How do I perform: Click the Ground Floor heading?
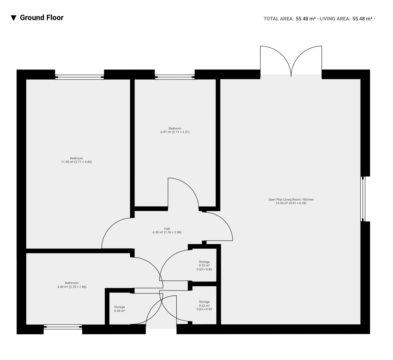coord(42,18)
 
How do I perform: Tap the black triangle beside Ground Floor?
coord(14,18)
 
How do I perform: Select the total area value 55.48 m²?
coord(306,19)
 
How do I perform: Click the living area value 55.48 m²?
coord(362,19)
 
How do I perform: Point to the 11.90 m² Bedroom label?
coord(77,160)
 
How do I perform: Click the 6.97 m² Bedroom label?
coord(175,130)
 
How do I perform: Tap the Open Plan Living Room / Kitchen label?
coord(291,201)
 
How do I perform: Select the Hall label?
coord(167,230)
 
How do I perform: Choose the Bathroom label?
coord(72,285)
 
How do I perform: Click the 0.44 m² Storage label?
coord(120,309)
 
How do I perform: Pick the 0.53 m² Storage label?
coord(204,266)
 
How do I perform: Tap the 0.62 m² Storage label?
coord(204,305)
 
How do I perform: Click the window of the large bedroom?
coord(79,77)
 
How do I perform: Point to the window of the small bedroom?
coord(174,77)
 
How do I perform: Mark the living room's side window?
coord(363,199)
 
